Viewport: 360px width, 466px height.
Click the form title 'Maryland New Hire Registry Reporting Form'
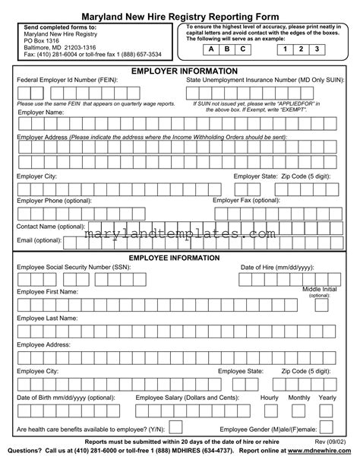(x=180, y=15)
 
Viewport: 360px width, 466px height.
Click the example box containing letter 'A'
(x=210, y=49)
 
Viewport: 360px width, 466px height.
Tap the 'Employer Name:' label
(x=40, y=113)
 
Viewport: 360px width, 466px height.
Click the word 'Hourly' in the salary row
(x=270, y=398)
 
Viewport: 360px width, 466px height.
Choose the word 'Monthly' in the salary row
(x=299, y=398)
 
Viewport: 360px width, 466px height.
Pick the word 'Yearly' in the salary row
(x=327, y=398)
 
